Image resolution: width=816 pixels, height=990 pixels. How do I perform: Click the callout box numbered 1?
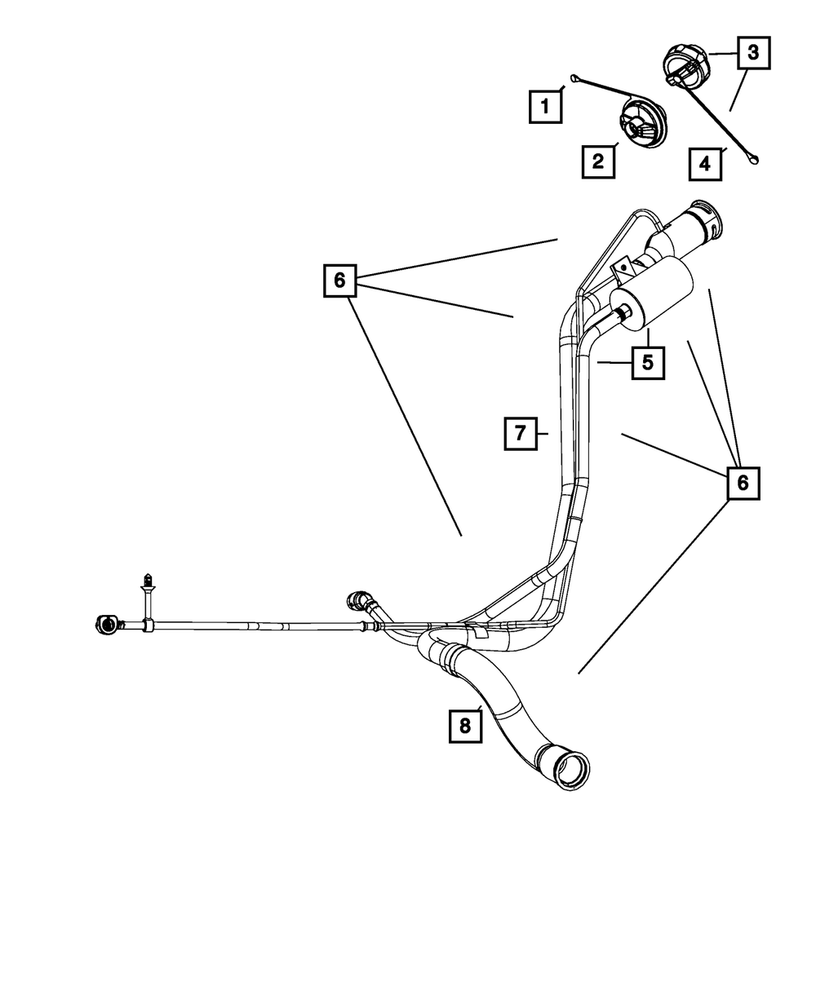546,106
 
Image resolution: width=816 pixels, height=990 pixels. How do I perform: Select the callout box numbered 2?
597,161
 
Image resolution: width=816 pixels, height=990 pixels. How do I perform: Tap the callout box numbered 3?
753,53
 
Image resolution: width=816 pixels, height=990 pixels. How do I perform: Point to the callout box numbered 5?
647,362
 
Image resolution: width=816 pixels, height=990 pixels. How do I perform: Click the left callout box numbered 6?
339,281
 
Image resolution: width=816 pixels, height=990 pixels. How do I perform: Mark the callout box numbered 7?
519,433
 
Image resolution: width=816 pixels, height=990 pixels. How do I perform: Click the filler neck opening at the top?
706,222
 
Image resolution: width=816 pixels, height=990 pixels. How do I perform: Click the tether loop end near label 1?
574,79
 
